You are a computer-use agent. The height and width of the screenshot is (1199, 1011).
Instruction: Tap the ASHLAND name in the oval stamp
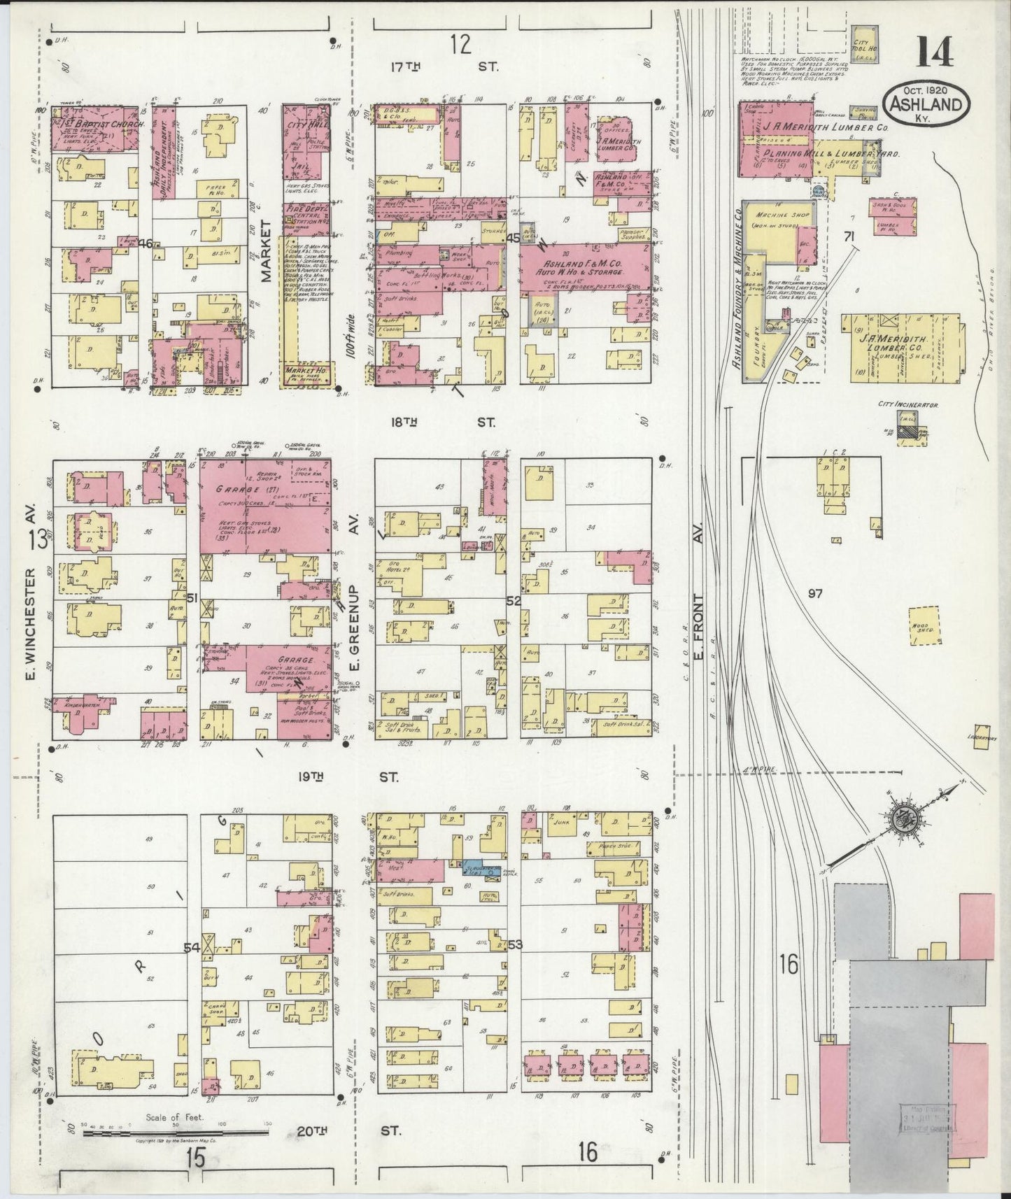pos(927,104)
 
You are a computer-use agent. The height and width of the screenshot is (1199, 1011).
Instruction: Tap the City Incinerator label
pos(907,404)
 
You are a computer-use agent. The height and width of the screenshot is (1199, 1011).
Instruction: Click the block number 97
pos(814,593)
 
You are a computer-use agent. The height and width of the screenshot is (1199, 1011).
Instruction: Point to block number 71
pos(849,236)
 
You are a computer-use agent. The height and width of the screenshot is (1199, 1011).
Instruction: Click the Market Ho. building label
pos(306,371)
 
